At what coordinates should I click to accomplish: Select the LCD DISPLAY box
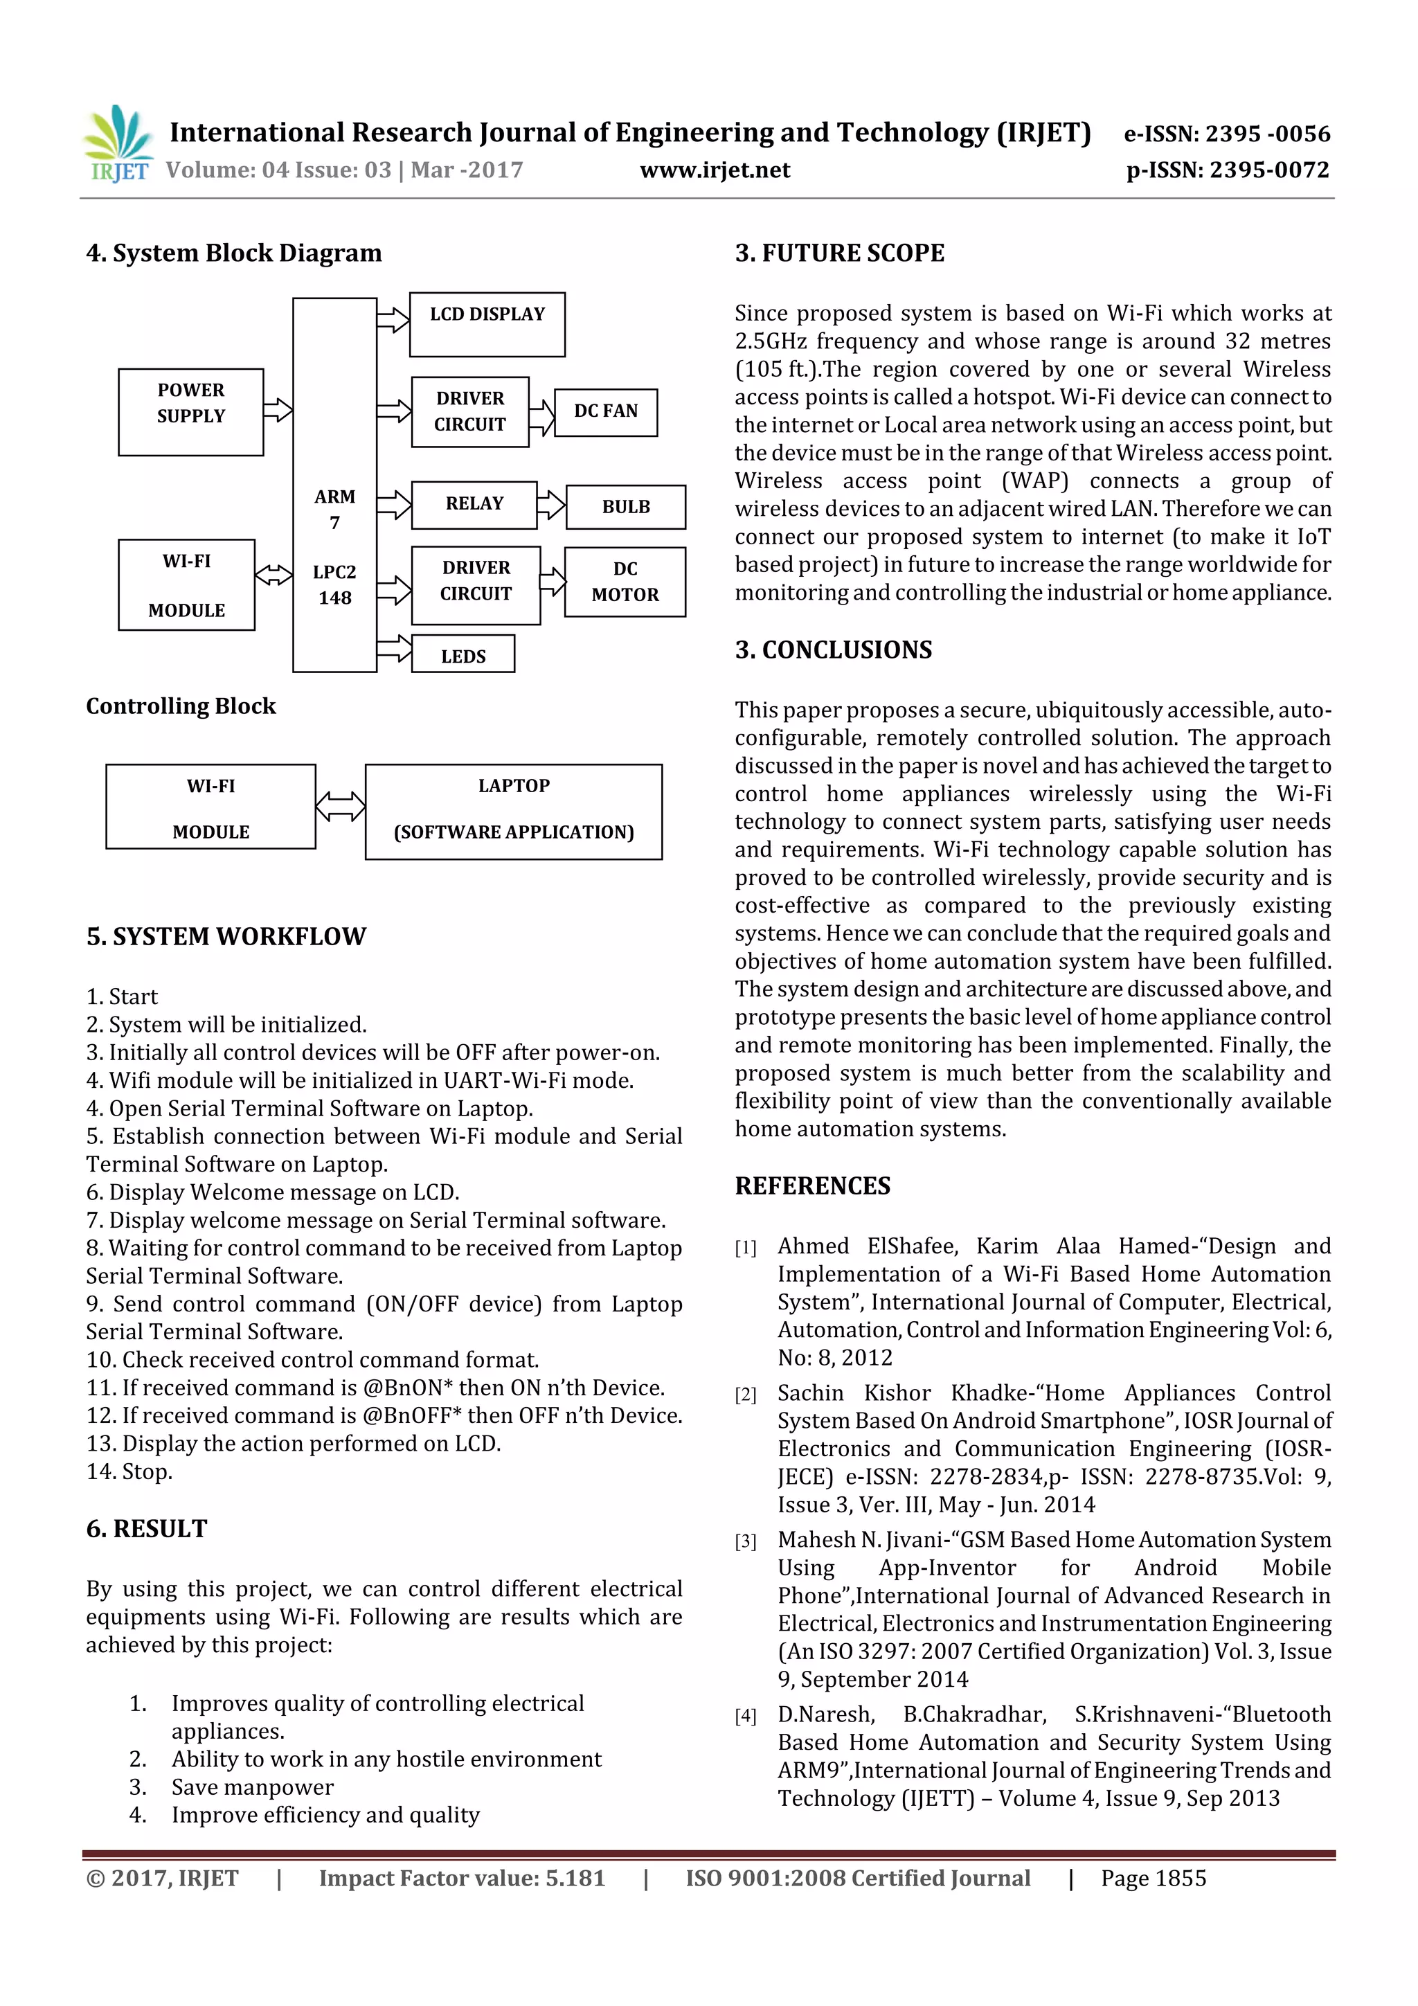click(487, 324)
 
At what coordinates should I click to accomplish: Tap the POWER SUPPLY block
click(190, 411)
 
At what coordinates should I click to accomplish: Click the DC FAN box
click(605, 411)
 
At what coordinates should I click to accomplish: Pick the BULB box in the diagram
click(625, 507)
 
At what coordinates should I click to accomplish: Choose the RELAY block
click(474, 504)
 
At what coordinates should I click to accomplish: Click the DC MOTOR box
click(625, 582)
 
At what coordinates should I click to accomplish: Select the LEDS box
click(463, 655)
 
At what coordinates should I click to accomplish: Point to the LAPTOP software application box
click(513, 811)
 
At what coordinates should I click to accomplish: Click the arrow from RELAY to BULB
click(550, 505)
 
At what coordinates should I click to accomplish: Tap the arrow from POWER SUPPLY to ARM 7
click(278, 410)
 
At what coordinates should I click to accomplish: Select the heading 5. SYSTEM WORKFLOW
click(226, 937)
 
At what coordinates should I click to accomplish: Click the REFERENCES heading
click(813, 1185)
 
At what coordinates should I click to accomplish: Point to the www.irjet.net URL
click(715, 170)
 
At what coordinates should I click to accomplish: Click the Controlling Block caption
click(181, 706)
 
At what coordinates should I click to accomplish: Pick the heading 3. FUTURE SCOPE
click(840, 253)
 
